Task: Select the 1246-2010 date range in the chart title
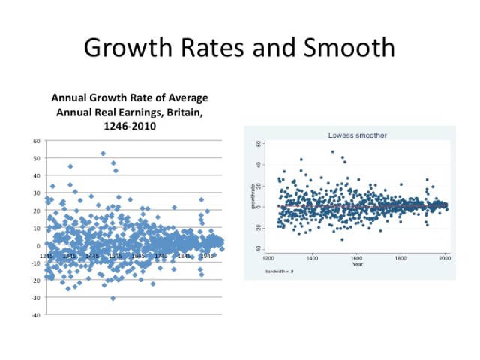coord(129,127)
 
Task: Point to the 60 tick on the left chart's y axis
coord(37,141)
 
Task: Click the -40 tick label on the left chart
coord(35,315)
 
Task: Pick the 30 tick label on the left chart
coord(37,193)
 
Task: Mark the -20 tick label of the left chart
coord(35,280)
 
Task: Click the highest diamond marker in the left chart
coord(103,154)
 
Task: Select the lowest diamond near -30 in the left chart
coord(113,298)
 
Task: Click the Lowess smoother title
coord(357,136)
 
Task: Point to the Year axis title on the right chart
coord(358,264)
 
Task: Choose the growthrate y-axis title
coord(253,196)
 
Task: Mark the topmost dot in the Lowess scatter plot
coord(332,151)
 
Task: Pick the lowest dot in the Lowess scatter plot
coord(342,239)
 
